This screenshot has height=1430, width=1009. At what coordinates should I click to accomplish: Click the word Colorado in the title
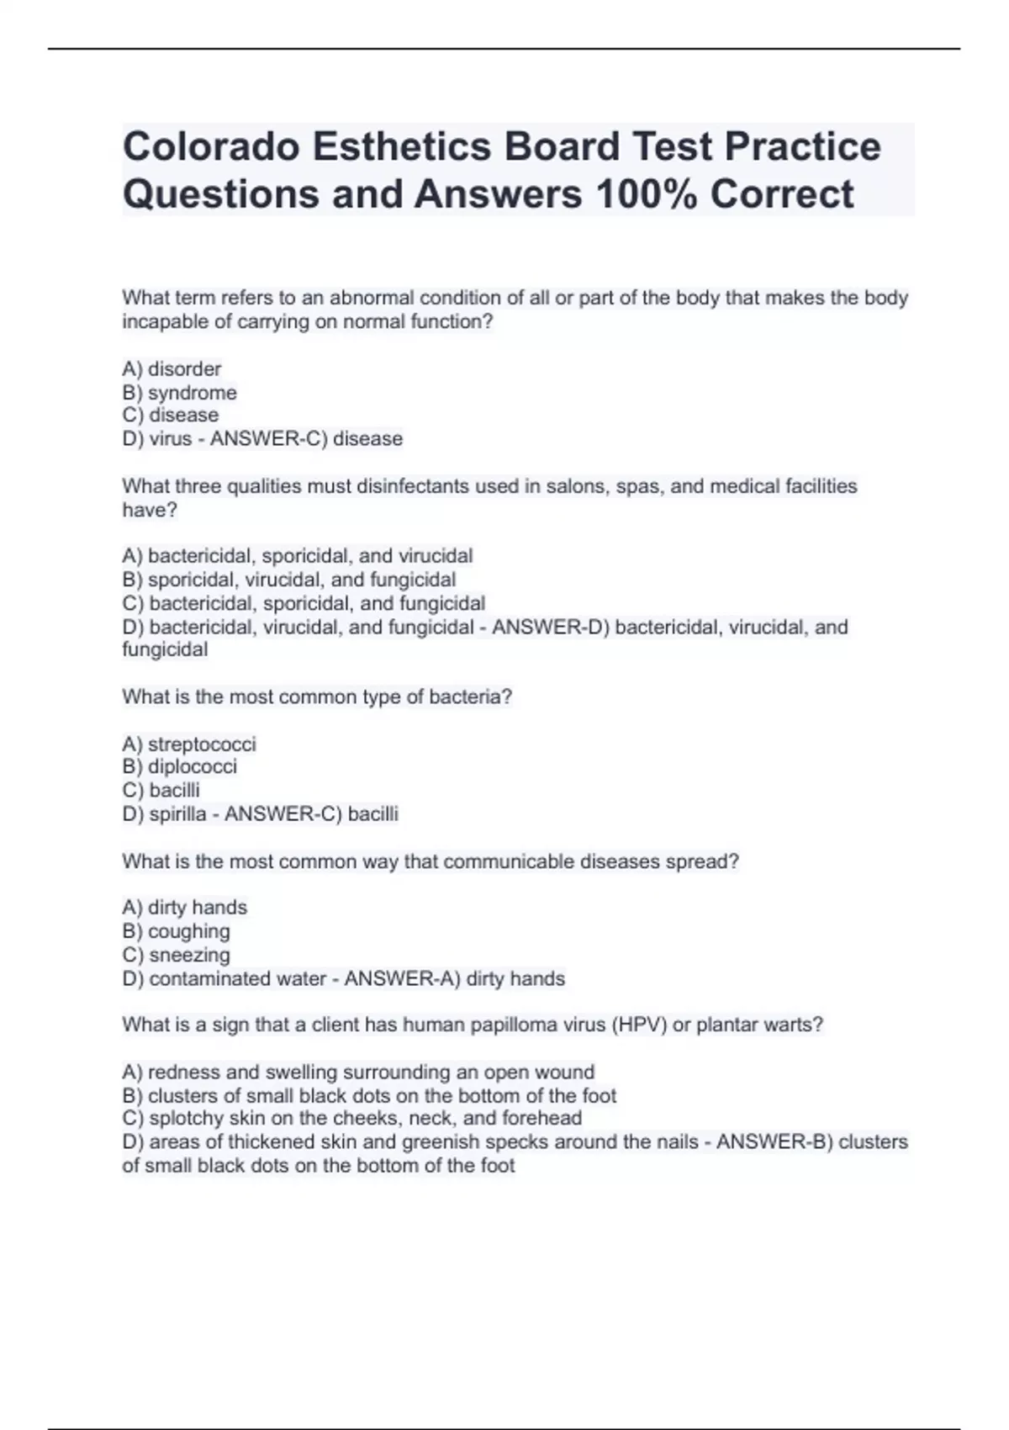pos(211,147)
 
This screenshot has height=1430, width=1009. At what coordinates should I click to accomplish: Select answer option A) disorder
pos(172,369)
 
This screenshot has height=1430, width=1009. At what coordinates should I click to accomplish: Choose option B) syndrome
pos(179,393)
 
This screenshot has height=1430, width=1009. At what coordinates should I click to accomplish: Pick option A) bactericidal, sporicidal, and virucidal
pos(297,556)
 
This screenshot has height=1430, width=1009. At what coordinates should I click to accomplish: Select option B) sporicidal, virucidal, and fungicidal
pos(288,580)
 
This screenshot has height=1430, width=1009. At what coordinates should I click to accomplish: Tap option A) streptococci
pos(188,744)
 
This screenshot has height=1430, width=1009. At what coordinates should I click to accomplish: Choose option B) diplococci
pos(179,766)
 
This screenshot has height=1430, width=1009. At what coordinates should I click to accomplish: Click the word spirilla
pos(177,814)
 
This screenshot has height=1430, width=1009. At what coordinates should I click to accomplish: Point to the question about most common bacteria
pos(316,697)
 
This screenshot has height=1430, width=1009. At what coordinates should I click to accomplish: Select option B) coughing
pos(176,931)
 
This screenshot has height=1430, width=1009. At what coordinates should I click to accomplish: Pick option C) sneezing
pos(176,955)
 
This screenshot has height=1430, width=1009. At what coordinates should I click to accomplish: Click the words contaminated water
pos(238,979)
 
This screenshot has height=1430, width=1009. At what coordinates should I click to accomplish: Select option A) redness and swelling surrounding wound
pos(358,1072)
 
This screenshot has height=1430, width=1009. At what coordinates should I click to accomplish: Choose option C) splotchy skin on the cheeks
pos(351,1119)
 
